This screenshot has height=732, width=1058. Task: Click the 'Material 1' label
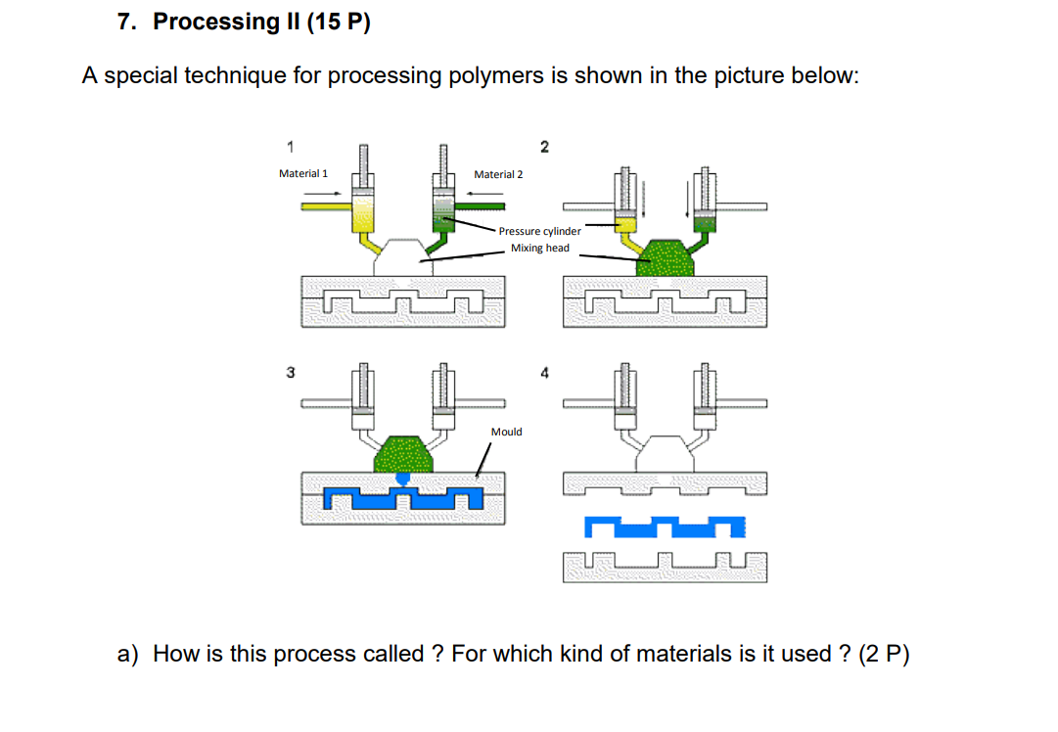303,173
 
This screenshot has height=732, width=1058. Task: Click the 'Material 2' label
498,174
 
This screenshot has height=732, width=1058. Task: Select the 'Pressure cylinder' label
539,231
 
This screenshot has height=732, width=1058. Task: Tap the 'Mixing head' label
539,249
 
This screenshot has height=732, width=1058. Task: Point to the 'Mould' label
506,432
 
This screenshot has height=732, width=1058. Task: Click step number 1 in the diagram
290,147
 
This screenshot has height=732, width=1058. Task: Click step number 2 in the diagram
545,147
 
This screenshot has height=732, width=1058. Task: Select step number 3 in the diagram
290,372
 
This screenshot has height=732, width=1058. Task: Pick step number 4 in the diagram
545,373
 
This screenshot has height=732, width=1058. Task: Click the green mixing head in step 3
403,453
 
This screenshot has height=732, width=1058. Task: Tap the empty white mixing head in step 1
402,256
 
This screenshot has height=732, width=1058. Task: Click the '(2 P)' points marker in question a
884,654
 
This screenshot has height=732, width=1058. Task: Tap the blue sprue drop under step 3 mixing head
402,478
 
